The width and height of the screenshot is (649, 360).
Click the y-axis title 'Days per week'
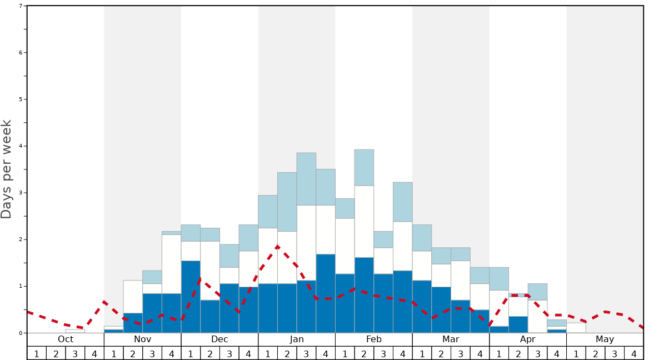7,169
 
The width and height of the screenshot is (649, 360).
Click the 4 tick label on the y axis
21,146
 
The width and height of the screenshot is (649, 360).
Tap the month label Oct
66,339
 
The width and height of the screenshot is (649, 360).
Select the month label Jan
297,339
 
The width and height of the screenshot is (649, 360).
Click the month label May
605,339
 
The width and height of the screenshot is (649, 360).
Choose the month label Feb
374,339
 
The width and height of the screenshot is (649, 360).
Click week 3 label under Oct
75,353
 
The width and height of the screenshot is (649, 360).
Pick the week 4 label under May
633,353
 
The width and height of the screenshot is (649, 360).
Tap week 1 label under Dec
191,353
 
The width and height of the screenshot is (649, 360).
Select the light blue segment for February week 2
364,167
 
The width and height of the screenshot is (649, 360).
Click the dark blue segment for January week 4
326,293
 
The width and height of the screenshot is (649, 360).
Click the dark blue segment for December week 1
191,297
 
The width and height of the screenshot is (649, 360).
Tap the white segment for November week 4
171,264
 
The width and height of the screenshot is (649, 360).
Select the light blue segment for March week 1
422,238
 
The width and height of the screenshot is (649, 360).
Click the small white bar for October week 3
75,331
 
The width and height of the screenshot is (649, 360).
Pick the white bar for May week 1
576,328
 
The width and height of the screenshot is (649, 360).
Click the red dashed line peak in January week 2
277,246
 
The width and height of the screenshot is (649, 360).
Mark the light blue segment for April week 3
537,292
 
